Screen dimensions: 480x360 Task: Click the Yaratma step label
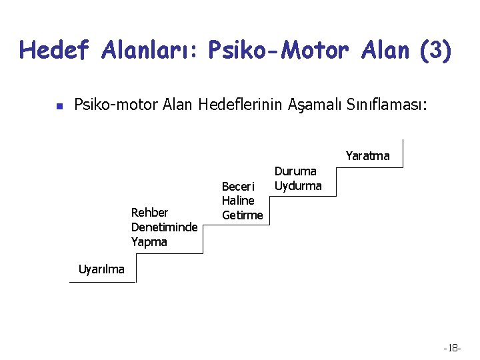367,156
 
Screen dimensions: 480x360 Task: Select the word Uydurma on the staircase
298,185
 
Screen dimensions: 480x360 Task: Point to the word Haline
238,200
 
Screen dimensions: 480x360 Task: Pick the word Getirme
243,215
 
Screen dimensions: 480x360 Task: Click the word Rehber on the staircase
151,213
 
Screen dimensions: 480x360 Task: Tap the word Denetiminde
164,227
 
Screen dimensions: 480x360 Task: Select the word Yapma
149,241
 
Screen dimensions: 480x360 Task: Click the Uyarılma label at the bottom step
101,269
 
